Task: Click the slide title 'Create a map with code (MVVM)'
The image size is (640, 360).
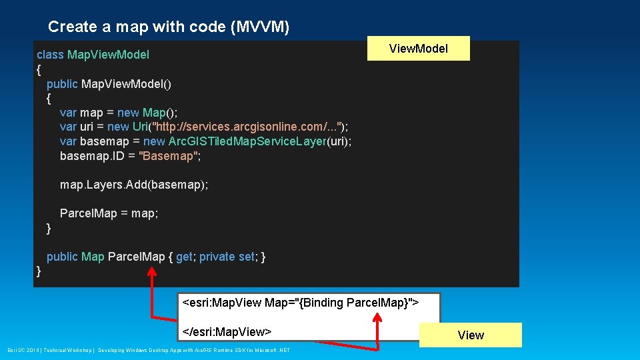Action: click(x=169, y=27)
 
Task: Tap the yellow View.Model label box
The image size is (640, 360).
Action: click(x=418, y=49)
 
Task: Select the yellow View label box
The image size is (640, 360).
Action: click(x=471, y=335)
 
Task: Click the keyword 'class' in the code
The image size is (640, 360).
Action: click(x=51, y=55)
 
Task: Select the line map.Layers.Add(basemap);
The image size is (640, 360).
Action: click(x=134, y=185)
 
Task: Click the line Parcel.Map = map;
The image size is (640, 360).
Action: click(x=109, y=213)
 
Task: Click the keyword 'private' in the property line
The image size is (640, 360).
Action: click(x=217, y=257)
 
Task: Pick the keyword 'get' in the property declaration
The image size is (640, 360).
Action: click(x=184, y=257)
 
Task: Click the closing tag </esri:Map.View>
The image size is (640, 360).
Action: click(x=227, y=331)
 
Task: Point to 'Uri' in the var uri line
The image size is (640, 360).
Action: click(x=141, y=127)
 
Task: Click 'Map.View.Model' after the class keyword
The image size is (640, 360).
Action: click(x=108, y=55)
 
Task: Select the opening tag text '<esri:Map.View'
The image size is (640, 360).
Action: click(x=222, y=303)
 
